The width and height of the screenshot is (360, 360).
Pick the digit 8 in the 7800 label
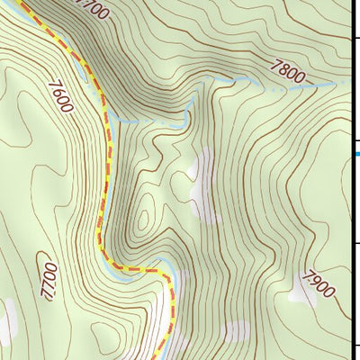[287, 69]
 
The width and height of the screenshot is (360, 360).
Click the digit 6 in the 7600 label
[58, 93]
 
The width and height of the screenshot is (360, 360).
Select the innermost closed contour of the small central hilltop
[142, 219]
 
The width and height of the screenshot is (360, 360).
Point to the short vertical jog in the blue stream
[187, 110]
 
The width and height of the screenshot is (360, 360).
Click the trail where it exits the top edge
[21, 2]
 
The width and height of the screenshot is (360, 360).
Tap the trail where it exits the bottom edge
[158, 357]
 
